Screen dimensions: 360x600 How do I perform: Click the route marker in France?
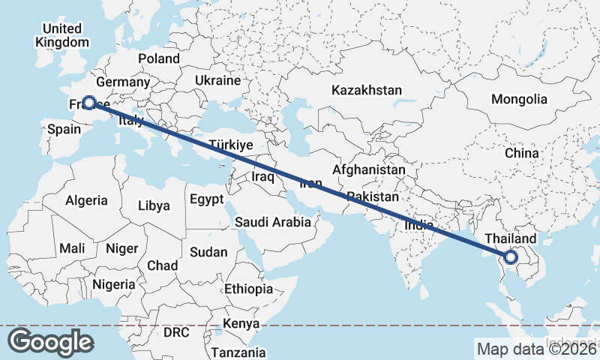(x=89, y=103)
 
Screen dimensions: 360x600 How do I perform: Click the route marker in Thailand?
(x=511, y=257)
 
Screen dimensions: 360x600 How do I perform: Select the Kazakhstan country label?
(x=367, y=90)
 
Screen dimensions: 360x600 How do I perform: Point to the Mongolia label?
(x=519, y=99)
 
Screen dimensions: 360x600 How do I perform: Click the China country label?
(x=521, y=153)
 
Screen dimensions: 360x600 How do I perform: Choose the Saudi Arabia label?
(x=272, y=222)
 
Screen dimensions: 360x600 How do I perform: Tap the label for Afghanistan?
(x=368, y=170)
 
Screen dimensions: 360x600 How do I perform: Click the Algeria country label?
(x=87, y=201)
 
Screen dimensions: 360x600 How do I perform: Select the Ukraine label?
(x=217, y=80)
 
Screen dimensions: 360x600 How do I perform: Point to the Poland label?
(x=159, y=58)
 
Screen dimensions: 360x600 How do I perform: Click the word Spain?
(x=64, y=129)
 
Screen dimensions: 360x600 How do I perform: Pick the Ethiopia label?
(x=248, y=289)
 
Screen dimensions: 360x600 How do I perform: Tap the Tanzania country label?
(x=238, y=352)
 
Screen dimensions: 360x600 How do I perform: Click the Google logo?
(x=50, y=341)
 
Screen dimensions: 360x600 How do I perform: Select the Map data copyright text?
(x=536, y=349)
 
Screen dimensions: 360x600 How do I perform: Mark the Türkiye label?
(x=231, y=145)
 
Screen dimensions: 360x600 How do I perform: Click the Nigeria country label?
(x=114, y=284)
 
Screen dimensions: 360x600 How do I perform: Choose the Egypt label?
(x=206, y=199)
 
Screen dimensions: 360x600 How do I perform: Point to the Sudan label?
(x=208, y=253)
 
